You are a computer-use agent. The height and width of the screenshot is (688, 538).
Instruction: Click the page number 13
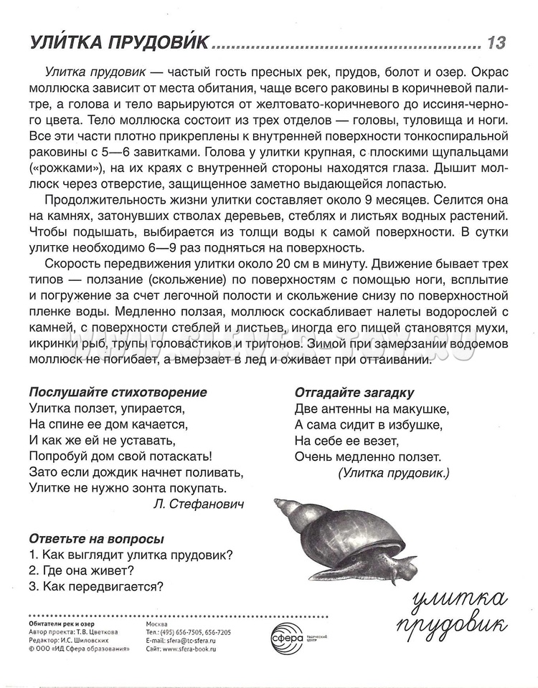[496, 43]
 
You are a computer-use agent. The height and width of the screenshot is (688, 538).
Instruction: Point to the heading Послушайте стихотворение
[118, 392]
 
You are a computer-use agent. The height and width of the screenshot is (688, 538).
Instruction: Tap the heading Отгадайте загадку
[354, 392]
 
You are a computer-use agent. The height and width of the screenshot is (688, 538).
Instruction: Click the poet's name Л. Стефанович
[199, 504]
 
